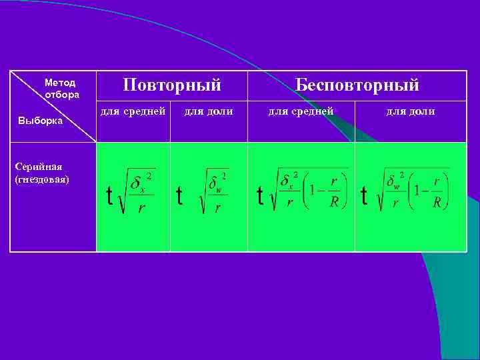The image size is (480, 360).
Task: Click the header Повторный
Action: (172, 85)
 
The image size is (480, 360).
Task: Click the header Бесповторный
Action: (357, 85)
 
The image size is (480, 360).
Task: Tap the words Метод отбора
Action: (61, 89)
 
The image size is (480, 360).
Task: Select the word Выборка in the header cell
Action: (40, 121)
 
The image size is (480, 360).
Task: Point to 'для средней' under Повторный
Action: (133, 111)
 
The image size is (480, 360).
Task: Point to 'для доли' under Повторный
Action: (209, 111)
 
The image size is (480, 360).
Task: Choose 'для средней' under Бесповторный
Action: (301, 111)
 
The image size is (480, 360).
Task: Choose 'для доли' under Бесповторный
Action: (411, 111)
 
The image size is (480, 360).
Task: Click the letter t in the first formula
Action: (109, 195)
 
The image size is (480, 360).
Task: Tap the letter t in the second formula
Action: (179, 195)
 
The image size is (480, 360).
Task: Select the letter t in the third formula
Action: (260, 195)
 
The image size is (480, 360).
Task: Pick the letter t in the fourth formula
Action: (363, 195)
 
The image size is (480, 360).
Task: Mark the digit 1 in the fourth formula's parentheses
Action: (416, 191)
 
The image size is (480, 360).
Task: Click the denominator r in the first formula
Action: (141, 207)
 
